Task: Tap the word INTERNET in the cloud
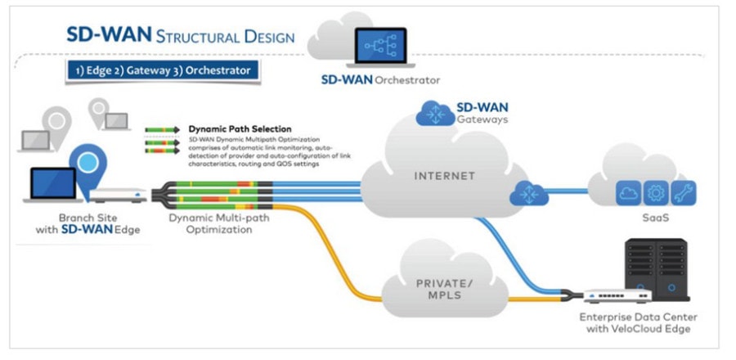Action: tap(438, 175)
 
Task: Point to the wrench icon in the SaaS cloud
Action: tap(684, 192)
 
